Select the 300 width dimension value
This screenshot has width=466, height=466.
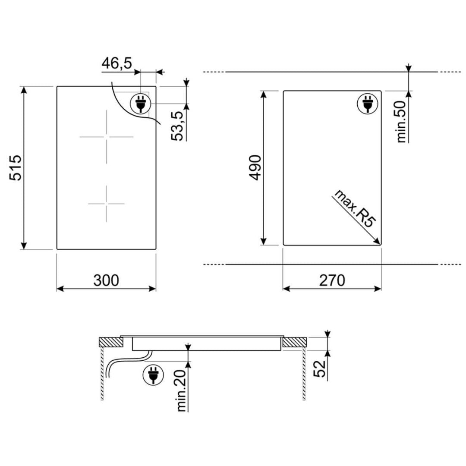(x=106, y=280)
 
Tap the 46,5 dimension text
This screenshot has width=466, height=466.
(x=117, y=63)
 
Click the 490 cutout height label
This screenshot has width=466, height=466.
(x=255, y=167)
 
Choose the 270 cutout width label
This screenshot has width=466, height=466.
(x=332, y=280)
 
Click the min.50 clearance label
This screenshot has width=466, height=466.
(x=401, y=122)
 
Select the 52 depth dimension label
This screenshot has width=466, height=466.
(x=320, y=369)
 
